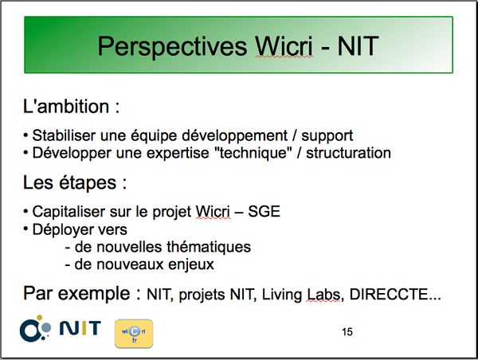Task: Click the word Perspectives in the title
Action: pyautogui.click(x=172, y=47)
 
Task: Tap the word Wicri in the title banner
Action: pyautogui.click(x=284, y=45)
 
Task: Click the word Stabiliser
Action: pyautogui.click(x=64, y=135)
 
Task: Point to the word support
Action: pyautogui.click(x=327, y=136)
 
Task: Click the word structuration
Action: pyautogui.click(x=348, y=153)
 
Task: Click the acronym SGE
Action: pyautogui.click(x=264, y=212)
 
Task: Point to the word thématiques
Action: pyautogui.click(x=209, y=247)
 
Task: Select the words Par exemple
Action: pyautogui.click(x=76, y=294)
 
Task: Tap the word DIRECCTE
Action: pyautogui.click(x=389, y=295)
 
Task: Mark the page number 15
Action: pyautogui.click(x=347, y=331)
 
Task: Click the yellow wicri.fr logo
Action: pyautogui.click(x=134, y=334)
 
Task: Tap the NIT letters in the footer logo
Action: pyautogui.click(x=80, y=328)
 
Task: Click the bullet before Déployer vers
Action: pyautogui.click(x=26, y=228)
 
